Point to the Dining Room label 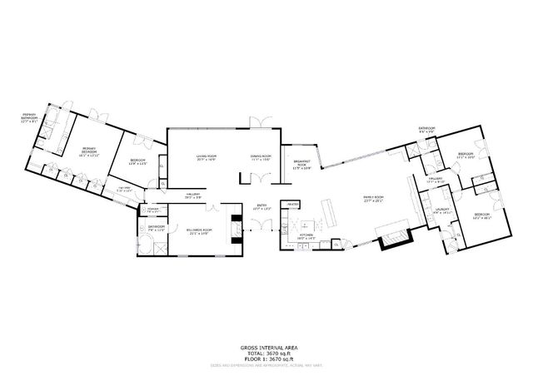coord(262,156)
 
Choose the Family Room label coord(372,198)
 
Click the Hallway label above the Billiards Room coord(193,195)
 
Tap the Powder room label coord(152,211)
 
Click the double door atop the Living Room coord(261,123)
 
